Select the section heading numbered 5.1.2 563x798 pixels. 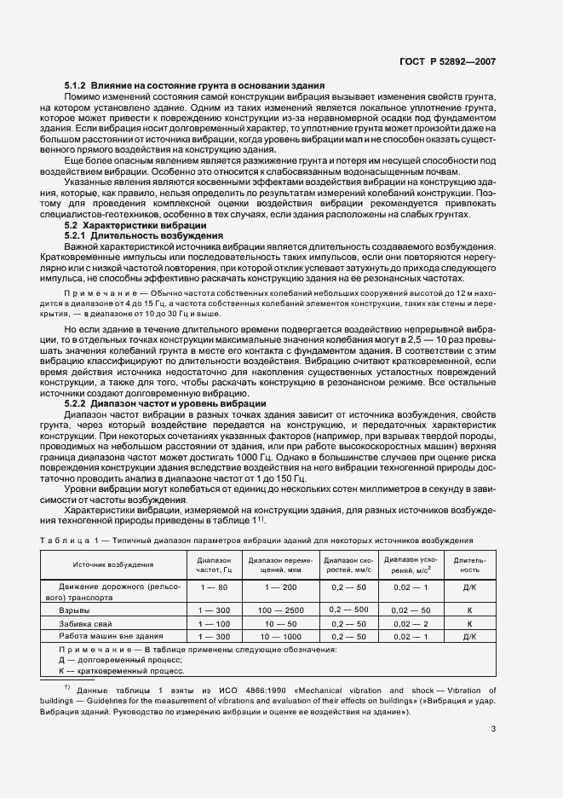[194, 86]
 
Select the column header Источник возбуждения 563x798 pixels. [113, 564]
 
